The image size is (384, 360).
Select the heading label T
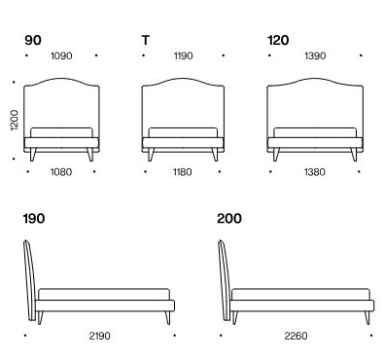tap(145, 40)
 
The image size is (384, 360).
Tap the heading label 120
tap(279, 40)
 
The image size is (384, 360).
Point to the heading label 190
tap(34, 219)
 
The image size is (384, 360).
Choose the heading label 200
tap(229, 219)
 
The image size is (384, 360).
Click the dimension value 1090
tap(60, 56)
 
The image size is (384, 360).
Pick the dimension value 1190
tap(182, 56)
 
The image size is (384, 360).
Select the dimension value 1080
tap(60, 171)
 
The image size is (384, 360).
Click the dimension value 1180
tap(182, 171)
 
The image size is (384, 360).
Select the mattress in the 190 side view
tap(103, 294)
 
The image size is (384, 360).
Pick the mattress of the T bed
tap(182, 132)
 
